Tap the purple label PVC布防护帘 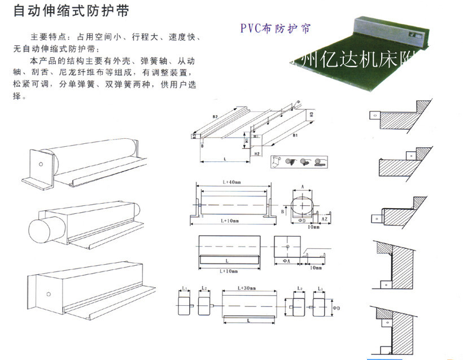pyautogui.click(x=275, y=27)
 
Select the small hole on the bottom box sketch pyautogui.click(x=49, y=294)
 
